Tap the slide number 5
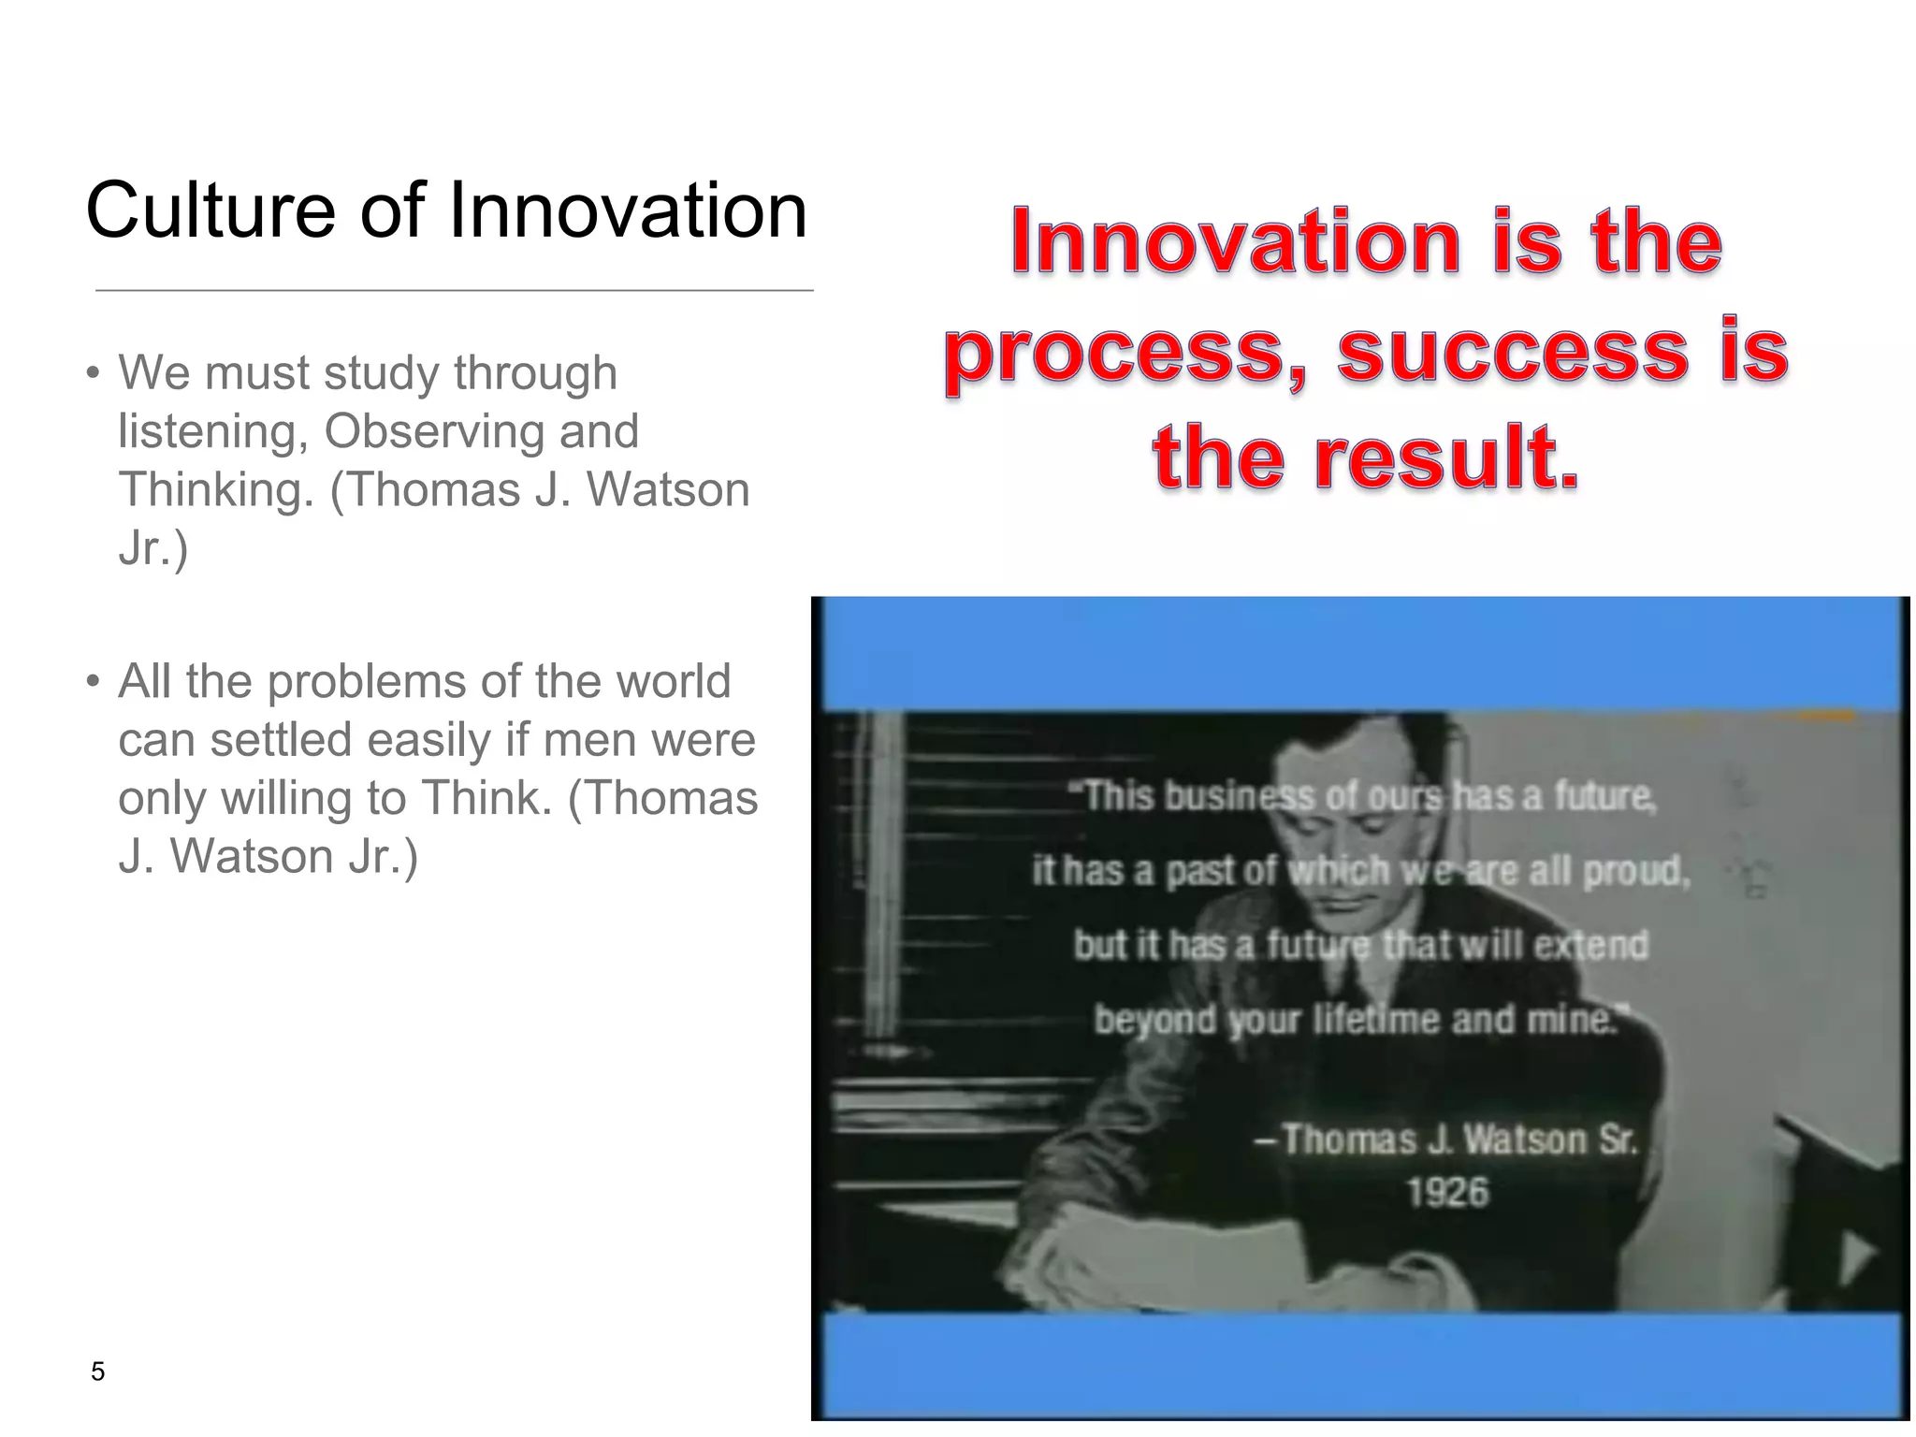[97, 1372]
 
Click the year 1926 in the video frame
[1446, 1192]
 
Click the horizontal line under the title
[454, 291]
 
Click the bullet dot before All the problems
[92, 682]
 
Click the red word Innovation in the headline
[1236, 242]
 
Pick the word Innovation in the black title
[627, 210]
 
